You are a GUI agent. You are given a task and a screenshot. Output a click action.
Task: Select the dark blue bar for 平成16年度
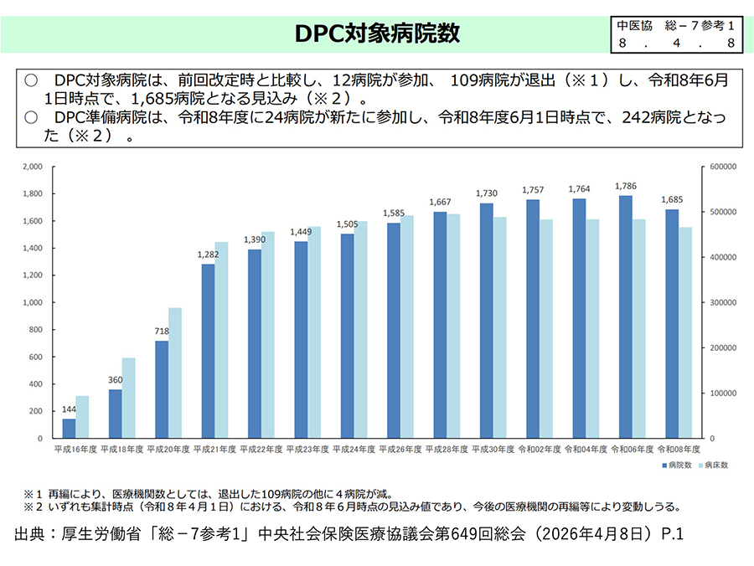tap(69, 428)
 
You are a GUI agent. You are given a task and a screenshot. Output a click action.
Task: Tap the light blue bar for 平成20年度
tap(175, 373)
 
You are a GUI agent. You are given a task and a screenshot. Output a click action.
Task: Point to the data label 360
tap(115, 380)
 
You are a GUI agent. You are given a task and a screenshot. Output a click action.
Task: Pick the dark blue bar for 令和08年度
tap(673, 323)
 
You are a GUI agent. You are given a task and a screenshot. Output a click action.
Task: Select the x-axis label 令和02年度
tap(540, 450)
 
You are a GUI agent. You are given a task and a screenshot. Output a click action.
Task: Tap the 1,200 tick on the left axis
tap(34, 275)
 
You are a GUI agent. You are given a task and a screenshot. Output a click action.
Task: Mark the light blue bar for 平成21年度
tap(221, 340)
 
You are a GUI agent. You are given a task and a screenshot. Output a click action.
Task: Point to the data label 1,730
tap(487, 194)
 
